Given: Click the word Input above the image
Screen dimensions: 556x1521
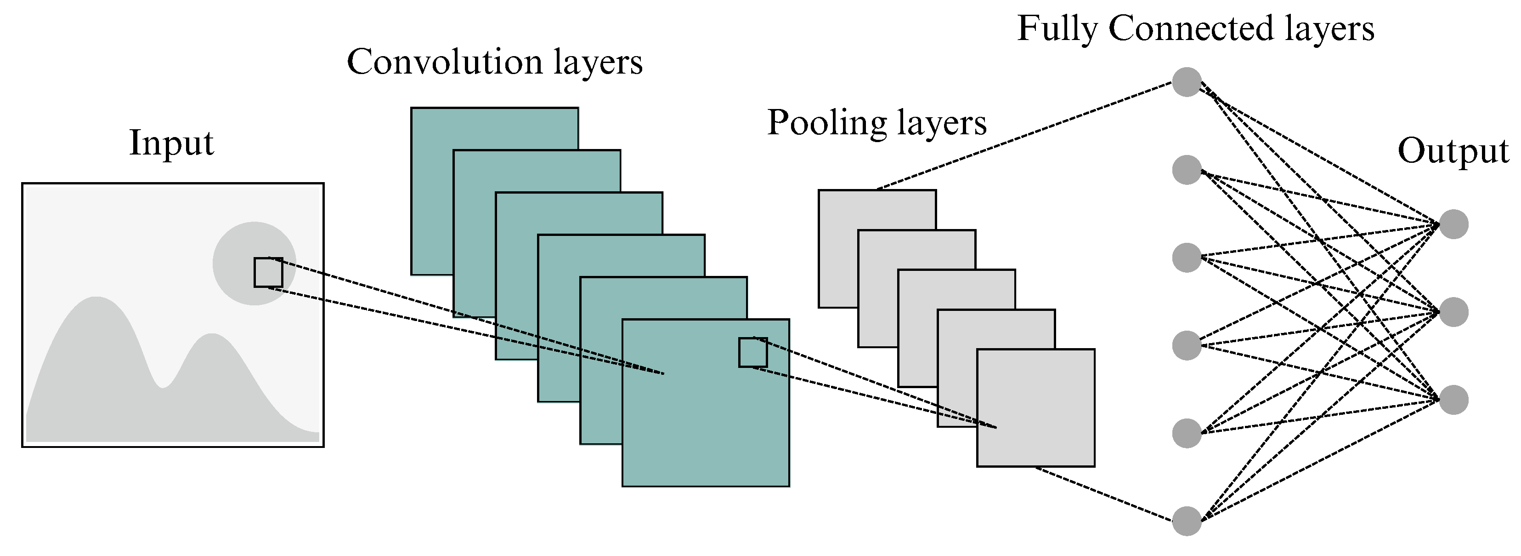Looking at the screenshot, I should tap(171, 143).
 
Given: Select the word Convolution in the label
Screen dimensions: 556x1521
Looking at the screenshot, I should tap(444, 62).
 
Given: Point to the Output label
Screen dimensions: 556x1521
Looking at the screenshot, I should tap(1453, 152).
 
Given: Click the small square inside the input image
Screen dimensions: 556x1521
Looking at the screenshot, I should tap(268, 272).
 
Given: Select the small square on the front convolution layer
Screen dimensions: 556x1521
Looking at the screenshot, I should tap(753, 353).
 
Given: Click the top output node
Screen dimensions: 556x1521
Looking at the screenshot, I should tap(1453, 224).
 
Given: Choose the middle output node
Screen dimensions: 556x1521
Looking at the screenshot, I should tap(1453, 312).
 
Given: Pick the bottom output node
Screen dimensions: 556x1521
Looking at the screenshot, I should tap(1453, 400).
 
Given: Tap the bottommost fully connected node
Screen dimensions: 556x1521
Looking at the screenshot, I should tap(1186, 521).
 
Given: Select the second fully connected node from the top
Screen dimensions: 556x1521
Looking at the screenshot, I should tap(1186, 170).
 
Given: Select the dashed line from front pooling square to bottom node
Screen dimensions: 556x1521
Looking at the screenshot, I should tap(1104, 494).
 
